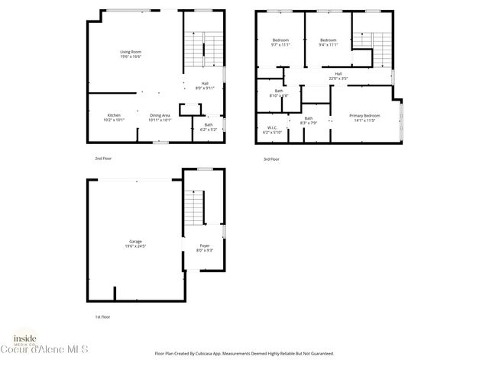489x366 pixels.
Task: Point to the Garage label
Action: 135,243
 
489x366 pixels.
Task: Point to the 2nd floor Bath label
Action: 209,127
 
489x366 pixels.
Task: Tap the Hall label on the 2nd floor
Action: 205,85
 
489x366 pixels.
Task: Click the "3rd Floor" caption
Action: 271,159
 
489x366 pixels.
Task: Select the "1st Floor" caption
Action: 92,316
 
